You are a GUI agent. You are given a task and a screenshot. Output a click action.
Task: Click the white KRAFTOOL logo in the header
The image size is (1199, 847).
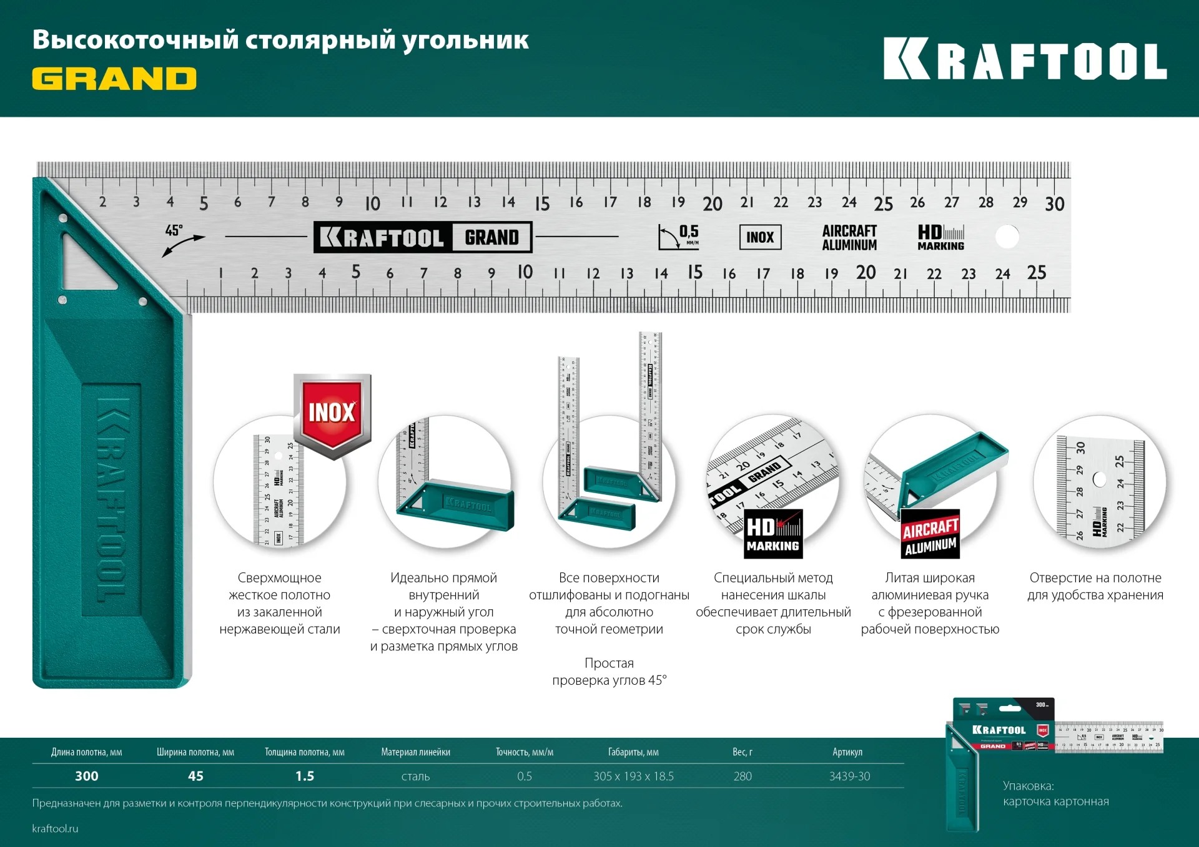point(1024,60)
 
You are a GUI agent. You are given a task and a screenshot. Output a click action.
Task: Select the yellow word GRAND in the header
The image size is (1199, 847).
point(114,79)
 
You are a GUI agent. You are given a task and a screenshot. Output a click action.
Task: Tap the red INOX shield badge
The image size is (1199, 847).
point(332,413)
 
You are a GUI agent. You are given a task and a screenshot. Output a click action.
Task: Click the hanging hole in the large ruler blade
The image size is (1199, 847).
point(1007,237)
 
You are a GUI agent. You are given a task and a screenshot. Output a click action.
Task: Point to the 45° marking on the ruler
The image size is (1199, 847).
point(174,231)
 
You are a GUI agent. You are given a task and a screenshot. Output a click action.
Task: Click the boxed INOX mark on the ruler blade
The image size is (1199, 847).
point(760,237)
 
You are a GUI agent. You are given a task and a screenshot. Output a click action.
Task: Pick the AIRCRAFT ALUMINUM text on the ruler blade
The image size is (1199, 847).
point(849,238)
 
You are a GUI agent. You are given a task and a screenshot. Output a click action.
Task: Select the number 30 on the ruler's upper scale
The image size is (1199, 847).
point(1055,204)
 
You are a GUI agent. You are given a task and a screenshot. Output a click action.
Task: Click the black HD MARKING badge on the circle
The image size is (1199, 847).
point(773,535)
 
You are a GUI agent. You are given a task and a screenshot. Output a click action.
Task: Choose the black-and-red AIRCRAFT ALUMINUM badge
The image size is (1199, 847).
point(930,536)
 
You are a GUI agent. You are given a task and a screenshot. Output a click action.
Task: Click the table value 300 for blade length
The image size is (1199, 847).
point(87,776)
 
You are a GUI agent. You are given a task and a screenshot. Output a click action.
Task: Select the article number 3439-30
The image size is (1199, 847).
point(849,776)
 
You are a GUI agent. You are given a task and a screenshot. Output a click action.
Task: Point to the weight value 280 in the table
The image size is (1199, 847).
point(743,776)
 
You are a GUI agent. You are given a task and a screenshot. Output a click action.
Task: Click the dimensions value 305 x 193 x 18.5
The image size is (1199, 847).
point(633,776)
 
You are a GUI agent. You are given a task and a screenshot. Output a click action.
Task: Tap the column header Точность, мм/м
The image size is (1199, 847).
point(525,752)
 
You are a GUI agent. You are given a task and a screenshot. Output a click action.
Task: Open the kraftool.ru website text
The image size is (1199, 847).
point(56,828)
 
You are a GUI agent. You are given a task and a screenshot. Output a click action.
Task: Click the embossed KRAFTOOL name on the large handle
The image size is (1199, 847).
point(112,499)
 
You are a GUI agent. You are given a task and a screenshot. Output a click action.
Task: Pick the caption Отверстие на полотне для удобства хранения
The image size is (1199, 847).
point(1095,587)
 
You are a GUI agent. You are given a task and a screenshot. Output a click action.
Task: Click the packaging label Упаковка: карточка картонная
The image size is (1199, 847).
point(1055,793)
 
